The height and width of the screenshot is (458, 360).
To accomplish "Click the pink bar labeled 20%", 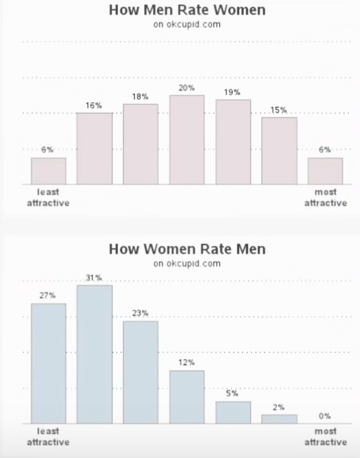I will point(187,140).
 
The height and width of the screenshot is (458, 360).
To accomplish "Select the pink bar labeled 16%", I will point(94,148).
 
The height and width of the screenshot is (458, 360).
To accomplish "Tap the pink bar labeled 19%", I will point(233,142).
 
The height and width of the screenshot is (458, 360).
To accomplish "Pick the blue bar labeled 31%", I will point(94,354).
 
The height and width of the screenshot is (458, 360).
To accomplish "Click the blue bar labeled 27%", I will point(48,363).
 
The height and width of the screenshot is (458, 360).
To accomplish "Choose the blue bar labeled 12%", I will point(187,397).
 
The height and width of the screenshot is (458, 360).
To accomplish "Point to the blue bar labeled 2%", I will point(279,419).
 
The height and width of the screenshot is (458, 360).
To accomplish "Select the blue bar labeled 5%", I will point(233,412).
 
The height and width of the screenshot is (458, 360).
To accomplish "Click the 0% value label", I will point(324,416).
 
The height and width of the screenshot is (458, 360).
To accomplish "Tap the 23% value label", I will point(140,313).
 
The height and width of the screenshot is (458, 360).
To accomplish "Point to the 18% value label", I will point(140,97).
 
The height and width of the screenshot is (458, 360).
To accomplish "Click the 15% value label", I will point(279,110).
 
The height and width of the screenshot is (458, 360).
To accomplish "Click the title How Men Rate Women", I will point(187,10).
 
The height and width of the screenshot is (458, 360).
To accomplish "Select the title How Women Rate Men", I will point(187,249).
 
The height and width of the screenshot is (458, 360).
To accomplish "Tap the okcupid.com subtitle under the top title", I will point(187,25).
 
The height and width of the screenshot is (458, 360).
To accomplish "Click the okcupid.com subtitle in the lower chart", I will point(187,264).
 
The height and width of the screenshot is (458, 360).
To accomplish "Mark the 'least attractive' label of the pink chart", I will point(48,197).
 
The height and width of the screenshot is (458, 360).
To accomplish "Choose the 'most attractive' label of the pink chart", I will point(325,197).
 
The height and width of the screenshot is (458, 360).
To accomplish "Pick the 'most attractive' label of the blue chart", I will point(325,436).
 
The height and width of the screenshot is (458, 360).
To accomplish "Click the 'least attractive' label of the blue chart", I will point(48,436).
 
